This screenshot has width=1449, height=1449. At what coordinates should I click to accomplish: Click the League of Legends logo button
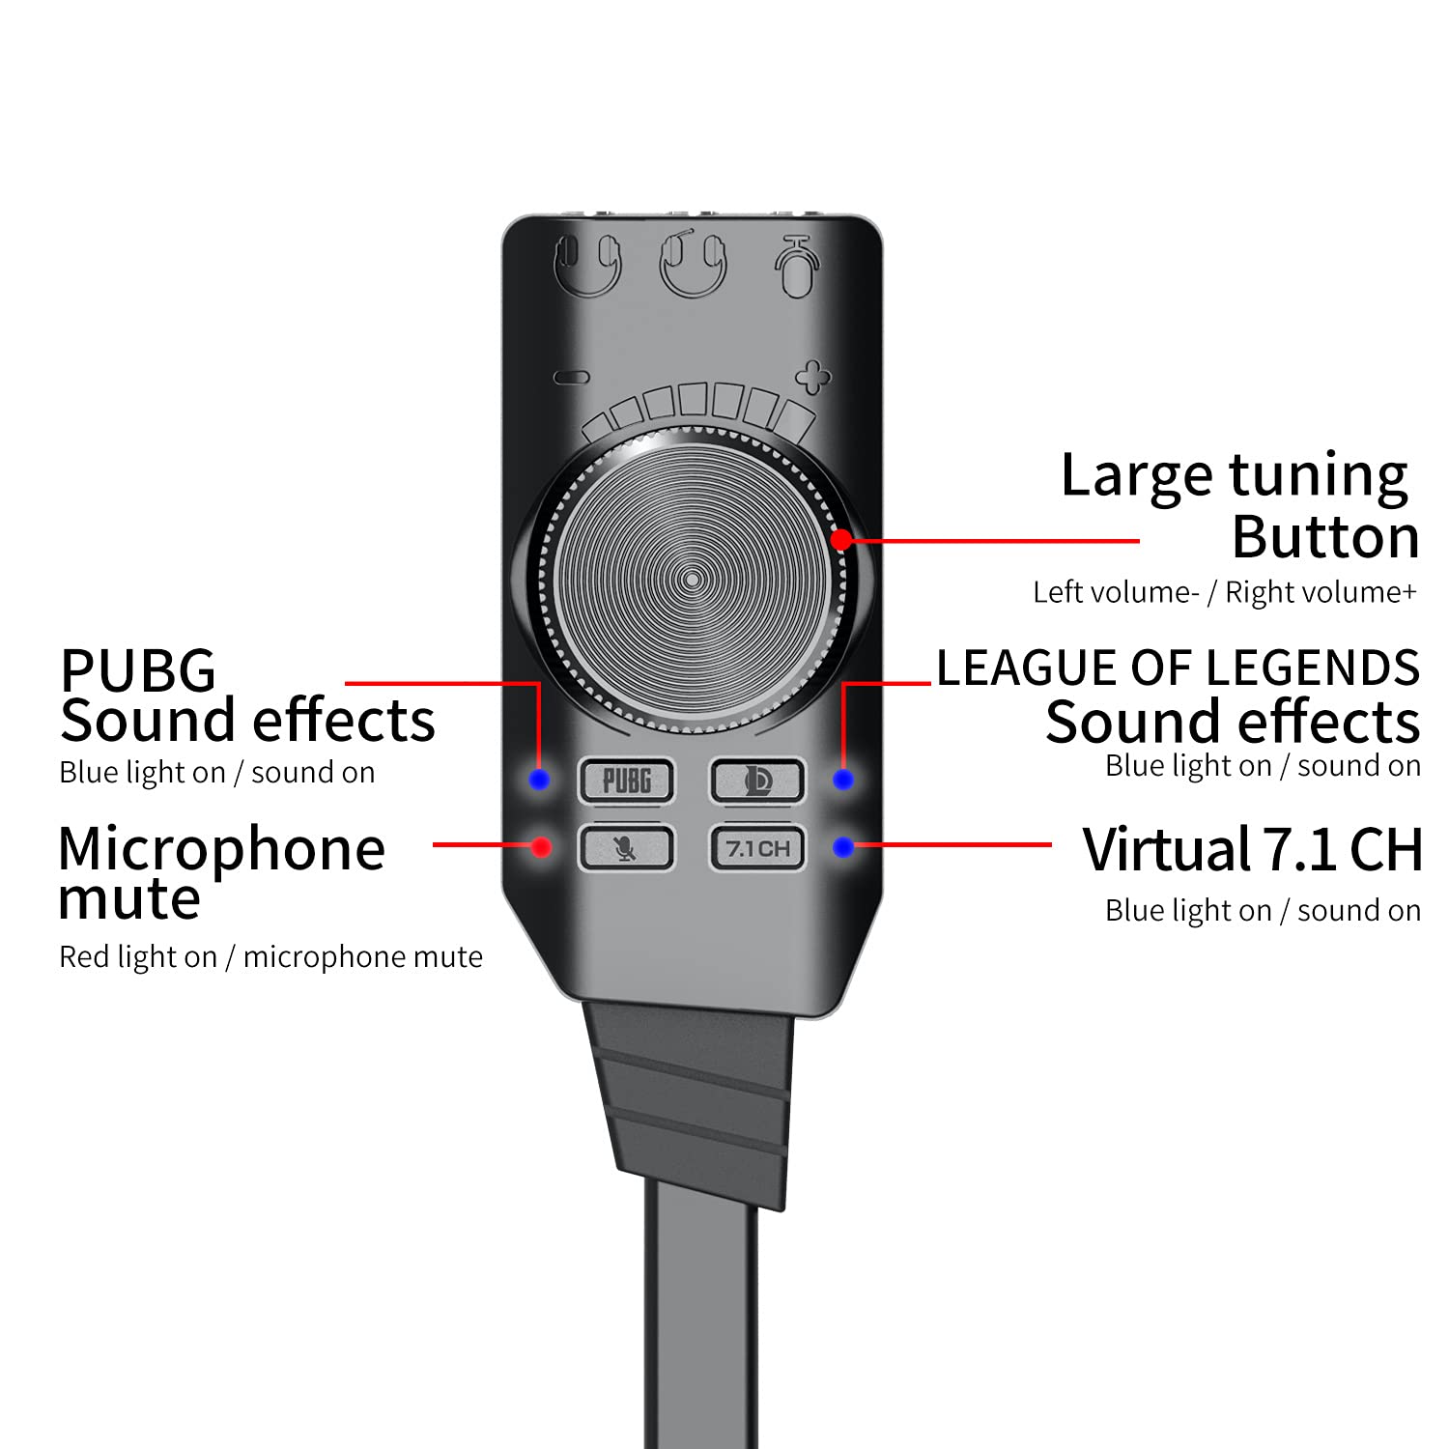click(x=757, y=781)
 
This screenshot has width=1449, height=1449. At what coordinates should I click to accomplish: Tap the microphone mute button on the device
click(x=626, y=848)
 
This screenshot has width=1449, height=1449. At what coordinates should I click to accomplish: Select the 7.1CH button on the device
click(x=757, y=848)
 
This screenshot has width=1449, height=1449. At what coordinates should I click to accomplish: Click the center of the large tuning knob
click(x=693, y=580)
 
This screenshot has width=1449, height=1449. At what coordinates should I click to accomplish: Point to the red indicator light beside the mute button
click(x=542, y=847)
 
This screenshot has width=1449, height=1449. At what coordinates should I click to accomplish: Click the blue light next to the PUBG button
click(x=540, y=780)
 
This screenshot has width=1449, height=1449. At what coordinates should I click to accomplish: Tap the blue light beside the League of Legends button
click(x=843, y=780)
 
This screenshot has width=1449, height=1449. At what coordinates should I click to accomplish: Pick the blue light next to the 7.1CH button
click(x=843, y=847)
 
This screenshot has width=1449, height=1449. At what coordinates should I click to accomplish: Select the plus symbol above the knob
click(x=812, y=377)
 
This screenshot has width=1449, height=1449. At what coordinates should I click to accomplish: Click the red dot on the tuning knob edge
click(x=841, y=540)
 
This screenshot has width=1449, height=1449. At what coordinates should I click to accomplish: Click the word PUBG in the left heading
click(x=138, y=669)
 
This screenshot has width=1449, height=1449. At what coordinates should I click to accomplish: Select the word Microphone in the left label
click(x=222, y=848)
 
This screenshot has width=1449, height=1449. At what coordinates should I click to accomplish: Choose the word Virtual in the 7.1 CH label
click(x=1166, y=850)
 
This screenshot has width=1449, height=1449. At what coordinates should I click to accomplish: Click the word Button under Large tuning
click(x=1325, y=537)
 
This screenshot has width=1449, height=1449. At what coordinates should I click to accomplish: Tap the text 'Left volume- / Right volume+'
click(x=1224, y=592)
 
